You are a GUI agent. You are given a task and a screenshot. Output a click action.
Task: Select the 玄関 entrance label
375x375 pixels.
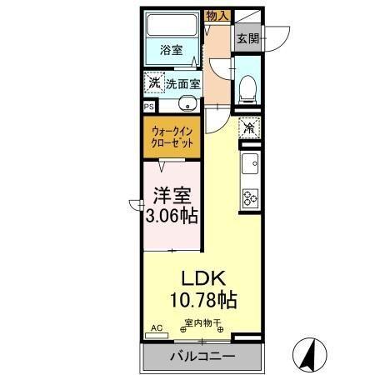(x=247, y=38)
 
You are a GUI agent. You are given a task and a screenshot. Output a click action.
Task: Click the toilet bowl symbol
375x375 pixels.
(x=247, y=88)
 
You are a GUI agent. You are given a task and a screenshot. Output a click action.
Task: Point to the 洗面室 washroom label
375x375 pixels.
(x=182, y=84)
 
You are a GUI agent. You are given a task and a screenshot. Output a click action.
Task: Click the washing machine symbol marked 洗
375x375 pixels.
(x=153, y=83)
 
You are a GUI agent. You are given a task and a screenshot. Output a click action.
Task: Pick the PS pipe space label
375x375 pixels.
(x=149, y=107)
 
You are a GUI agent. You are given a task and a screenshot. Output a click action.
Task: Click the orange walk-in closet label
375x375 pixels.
(x=173, y=137)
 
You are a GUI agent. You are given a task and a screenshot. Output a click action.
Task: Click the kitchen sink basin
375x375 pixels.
(x=249, y=163)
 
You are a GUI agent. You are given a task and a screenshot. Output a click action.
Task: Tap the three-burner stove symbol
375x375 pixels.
(x=249, y=198)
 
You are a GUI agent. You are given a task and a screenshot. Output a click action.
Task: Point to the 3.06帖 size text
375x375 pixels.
(x=173, y=217)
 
